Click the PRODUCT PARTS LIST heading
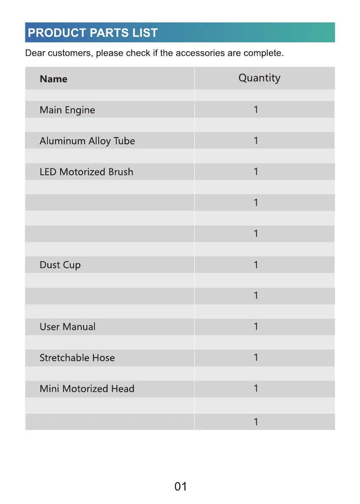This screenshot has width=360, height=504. point(92,33)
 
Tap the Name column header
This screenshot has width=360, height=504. point(53,79)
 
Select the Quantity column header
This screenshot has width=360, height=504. point(259,78)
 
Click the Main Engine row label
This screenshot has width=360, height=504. point(67,110)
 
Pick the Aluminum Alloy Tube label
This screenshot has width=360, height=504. point(87,141)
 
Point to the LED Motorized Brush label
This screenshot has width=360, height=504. point(86,172)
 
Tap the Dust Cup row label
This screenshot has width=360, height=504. point(60,265)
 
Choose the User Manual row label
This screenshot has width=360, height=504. point(67,327)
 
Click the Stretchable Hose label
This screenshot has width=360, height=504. point(77,358)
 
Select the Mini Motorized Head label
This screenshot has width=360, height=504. point(87,388)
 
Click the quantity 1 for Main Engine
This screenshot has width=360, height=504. point(256,110)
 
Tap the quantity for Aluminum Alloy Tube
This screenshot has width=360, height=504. point(256,140)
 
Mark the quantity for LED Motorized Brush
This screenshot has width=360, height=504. point(256,171)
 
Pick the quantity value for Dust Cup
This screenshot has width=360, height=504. point(256,265)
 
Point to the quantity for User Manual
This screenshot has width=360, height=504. point(256,326)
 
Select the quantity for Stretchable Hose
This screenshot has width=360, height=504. point(256,358)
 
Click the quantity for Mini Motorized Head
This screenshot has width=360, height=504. point(256,388)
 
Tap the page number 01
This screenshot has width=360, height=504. point(180,487)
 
